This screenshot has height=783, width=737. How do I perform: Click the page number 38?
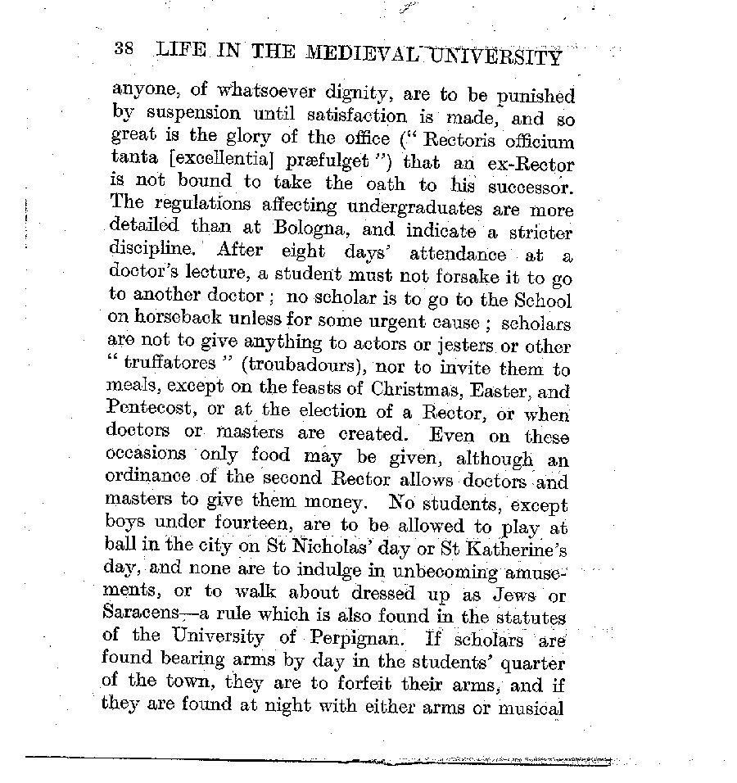pyautogui.click(x=124, y=48)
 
